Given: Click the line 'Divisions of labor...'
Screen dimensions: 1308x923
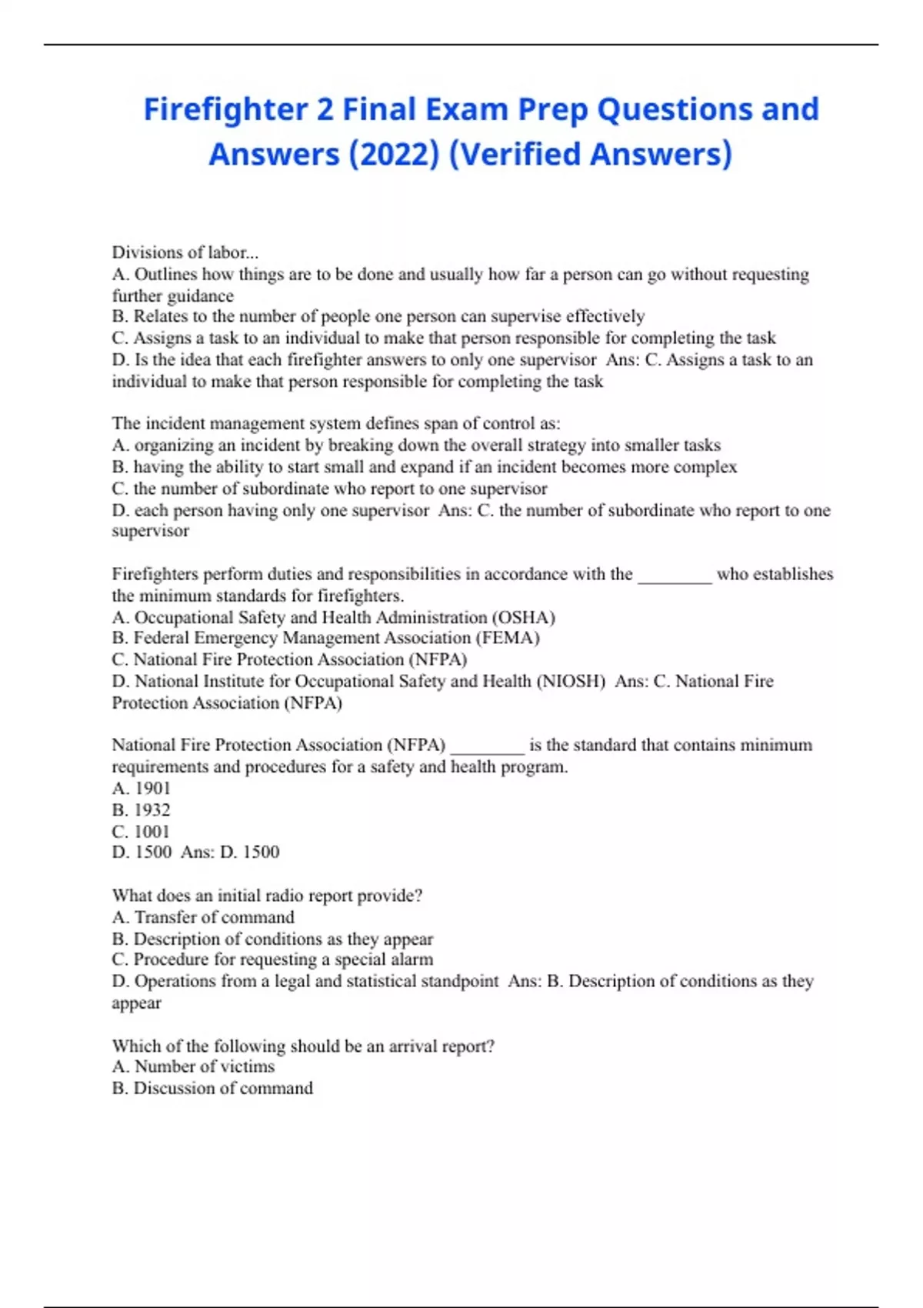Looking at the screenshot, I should coord(185,252).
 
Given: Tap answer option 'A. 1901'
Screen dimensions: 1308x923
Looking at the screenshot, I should coord(141,788).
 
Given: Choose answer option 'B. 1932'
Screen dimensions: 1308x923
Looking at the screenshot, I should coord(141,809).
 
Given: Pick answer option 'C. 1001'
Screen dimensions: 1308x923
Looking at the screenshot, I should coord(141,831).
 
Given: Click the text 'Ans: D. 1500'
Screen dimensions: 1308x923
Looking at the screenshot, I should coord(230,852).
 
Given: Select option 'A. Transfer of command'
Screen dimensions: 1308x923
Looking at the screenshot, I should coord(203,917).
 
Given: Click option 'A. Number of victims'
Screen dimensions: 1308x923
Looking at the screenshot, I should coord(193,1066).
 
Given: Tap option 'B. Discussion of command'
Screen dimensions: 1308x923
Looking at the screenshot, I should coord(212,1088).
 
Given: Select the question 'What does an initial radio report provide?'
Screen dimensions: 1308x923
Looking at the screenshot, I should coord(267,896).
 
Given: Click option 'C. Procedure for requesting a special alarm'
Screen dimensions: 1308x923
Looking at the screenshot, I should coord(272,959).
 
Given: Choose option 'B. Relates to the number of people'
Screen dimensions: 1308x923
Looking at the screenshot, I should coord(378,316).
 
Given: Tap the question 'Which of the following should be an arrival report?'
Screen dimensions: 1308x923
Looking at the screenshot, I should coord(303,1046).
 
